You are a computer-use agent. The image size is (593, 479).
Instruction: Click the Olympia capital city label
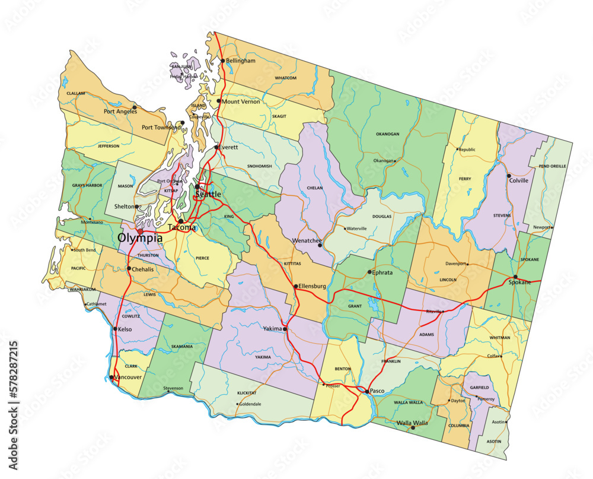140,238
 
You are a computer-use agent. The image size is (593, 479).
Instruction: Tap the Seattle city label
208,194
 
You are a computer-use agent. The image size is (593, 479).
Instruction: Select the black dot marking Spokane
515,277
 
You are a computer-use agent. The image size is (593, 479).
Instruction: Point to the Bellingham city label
241,61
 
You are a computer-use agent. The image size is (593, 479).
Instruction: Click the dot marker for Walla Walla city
413,427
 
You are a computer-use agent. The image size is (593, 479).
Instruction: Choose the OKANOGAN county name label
387,134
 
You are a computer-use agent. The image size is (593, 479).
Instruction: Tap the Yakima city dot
285,329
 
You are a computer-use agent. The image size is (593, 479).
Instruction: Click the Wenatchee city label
306,241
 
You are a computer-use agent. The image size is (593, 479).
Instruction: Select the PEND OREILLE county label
552,166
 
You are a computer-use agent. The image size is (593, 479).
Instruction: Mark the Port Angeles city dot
135,107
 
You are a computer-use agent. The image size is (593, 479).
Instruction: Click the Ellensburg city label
313,286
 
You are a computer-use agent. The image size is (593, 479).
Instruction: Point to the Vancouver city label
128,377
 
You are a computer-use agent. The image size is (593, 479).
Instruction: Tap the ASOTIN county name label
493,442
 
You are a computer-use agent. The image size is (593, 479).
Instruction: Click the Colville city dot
508,176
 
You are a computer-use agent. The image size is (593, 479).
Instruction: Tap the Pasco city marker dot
367,391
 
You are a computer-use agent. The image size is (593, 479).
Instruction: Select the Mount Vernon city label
241,101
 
